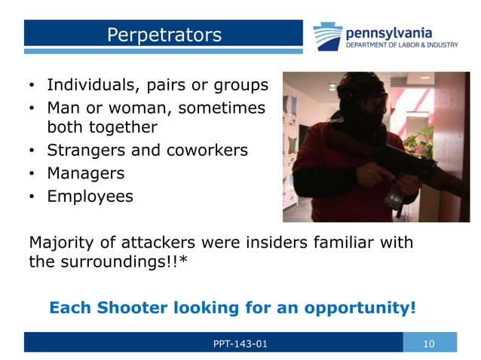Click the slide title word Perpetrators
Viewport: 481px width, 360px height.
[164, 35]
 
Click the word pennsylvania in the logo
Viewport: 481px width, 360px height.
[389, 32]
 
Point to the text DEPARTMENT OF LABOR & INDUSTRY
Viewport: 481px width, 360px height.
[400, 45]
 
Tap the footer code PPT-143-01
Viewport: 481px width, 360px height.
[240, 343]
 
